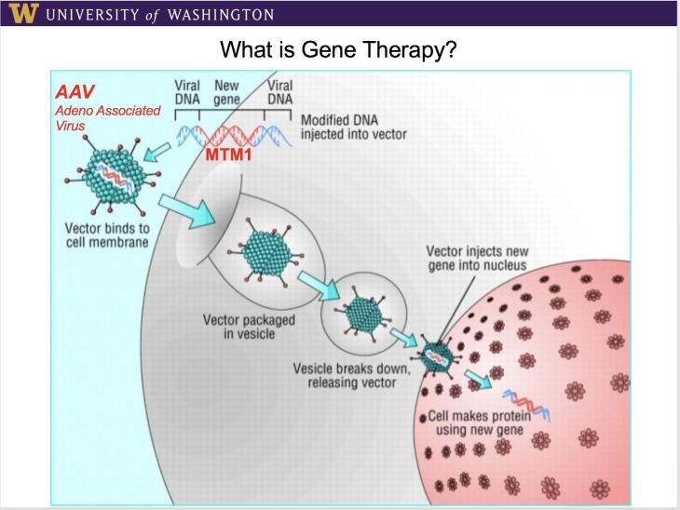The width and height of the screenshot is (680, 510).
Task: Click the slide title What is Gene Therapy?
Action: coord(339,47)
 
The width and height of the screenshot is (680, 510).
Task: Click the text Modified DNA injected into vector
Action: coord(353,127)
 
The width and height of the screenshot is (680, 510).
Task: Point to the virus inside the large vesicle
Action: coord(268,247)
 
